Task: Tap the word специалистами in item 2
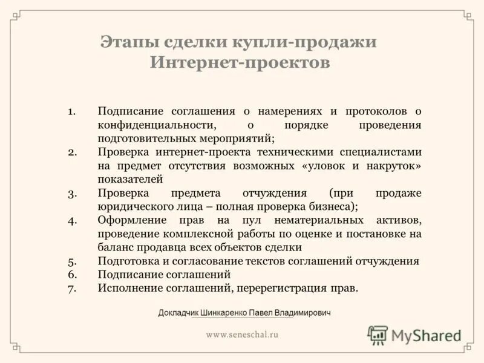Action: click(381, 152)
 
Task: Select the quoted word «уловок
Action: click(322, 166)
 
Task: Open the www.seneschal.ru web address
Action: click(242, 334)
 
